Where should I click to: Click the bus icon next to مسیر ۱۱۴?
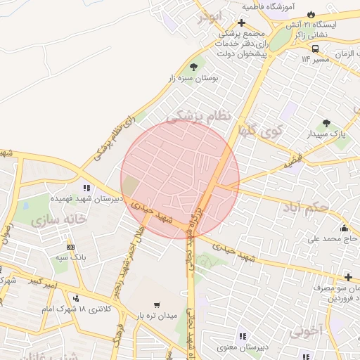[315, 49]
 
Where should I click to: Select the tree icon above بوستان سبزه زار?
[193, 66]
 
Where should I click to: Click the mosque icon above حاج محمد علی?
[344, 228]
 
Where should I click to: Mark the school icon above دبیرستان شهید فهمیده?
[87, 188]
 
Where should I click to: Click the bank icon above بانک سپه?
[70, 247]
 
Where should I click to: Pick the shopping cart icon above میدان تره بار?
[156, 304]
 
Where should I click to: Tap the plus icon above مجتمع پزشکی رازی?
[241, 22]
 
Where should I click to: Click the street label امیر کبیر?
[43, 283]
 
